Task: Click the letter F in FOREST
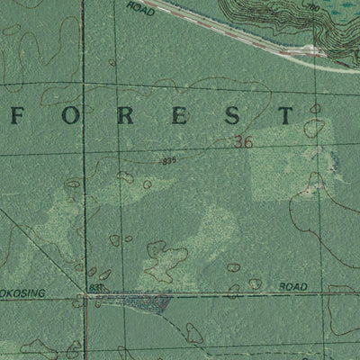tap(19, 115)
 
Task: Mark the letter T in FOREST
tap(284, 115)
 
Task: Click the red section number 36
tap(241, 141)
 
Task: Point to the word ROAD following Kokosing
tap(292, 286)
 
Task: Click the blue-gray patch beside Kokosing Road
tap(139, 303)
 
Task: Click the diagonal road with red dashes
tap(243, 33)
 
